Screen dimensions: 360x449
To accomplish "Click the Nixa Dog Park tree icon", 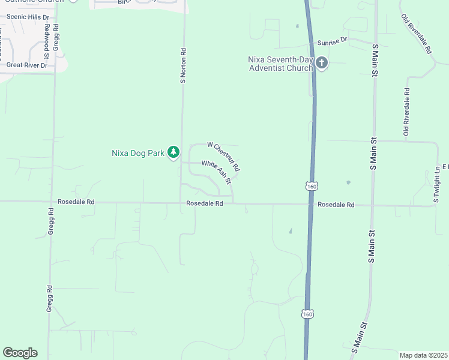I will pos(173,152).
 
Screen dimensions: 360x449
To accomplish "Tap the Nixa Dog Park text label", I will pos(138,153).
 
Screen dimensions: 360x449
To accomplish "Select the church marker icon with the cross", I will pos(321,63).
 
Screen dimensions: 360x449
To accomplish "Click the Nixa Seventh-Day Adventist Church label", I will pos(281,64).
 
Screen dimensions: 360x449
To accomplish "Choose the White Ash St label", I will pos(217,172).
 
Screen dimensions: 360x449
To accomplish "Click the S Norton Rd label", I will pos(184,66).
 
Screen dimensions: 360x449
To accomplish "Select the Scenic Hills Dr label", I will pos(29,17).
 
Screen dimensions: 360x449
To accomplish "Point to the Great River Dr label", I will pos(26,65).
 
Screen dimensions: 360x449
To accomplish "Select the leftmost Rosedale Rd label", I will pos(76,202).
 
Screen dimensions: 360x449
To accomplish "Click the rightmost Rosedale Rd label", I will pos(336,205).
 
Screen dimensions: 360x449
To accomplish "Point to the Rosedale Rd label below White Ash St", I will pos(205,203).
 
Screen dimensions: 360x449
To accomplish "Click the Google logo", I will pos(20,353).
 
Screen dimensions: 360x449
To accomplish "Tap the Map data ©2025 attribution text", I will pos(423,355).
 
